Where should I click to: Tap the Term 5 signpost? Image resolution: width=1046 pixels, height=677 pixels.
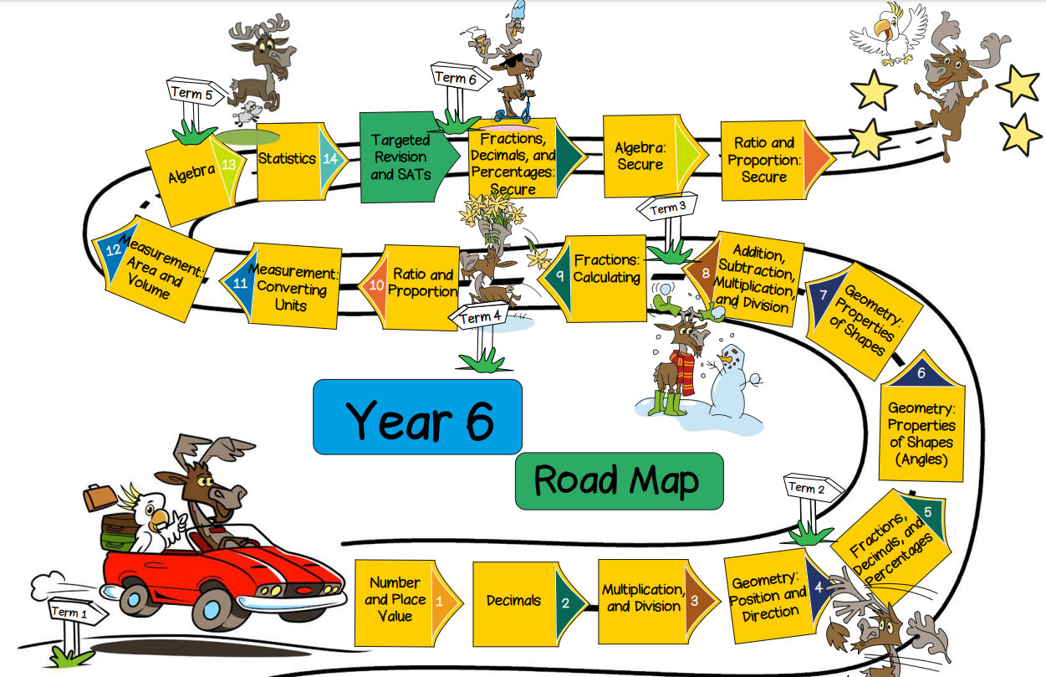(x=191, y=93)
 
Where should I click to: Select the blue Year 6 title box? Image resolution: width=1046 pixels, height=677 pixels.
(x=417, y=417)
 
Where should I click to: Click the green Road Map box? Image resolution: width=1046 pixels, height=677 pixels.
(x=618, y=481)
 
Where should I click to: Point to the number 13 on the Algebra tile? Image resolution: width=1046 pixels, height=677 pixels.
(x=227, y=165)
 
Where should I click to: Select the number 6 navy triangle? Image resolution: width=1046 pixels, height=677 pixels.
(x=921, y=373)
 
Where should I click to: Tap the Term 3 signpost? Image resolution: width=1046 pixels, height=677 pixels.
(x=665, y=209)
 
